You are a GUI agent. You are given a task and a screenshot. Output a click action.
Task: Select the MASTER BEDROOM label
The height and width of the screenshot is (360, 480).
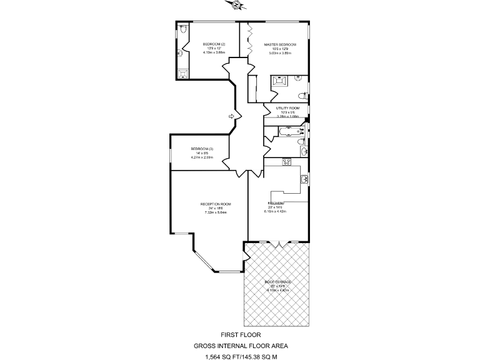tap(280, 44)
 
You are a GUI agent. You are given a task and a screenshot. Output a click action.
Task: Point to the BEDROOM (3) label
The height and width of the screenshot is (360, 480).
tap(202, 149)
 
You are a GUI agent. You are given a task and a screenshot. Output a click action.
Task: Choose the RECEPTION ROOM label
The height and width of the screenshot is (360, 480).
tap(216, 204)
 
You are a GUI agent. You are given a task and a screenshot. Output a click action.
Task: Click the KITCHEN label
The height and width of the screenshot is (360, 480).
tap(277, 204)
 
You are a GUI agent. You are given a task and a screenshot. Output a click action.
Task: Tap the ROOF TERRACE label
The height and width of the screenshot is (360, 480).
tap(278, 282)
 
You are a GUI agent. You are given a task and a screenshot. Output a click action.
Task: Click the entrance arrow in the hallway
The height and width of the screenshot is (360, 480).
tap(231, 116)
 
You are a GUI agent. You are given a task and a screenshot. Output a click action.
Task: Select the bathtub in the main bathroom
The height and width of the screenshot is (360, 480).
tap(289, 132)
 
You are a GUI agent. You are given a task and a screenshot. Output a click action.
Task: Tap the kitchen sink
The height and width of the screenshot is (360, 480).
tap(304, 180)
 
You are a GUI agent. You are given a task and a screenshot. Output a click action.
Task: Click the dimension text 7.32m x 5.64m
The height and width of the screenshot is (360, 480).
tap(216, 212)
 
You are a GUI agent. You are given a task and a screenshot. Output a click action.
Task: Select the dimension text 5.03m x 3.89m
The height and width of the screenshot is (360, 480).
tap(279, 53)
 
